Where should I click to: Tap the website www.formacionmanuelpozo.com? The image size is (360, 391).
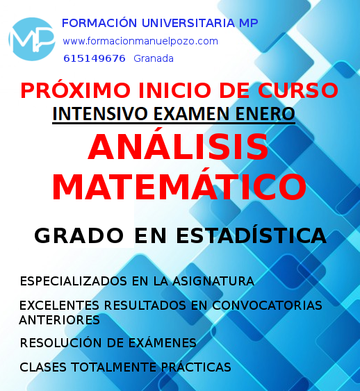point(140,41)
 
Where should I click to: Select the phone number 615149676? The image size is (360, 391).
point(95,58)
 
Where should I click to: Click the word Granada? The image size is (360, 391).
point(154,58)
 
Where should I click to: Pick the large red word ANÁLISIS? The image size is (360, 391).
point(179,148)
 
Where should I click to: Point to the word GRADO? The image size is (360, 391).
point(69,235)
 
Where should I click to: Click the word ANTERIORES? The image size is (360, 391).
point(60,320)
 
